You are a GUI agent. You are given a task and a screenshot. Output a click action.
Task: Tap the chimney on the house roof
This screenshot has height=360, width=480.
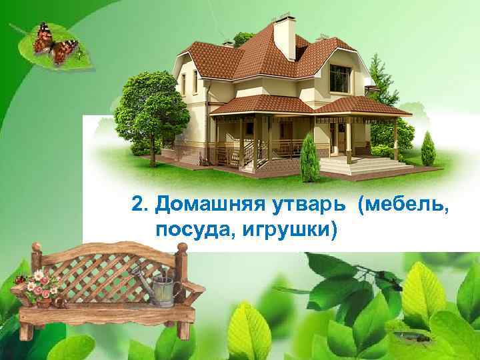(x=284, y=36)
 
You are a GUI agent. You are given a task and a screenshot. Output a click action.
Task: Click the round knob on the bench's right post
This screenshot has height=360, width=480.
(x=181, y=247)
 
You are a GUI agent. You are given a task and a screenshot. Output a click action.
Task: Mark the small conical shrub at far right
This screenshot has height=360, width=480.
(x=427, y=150)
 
